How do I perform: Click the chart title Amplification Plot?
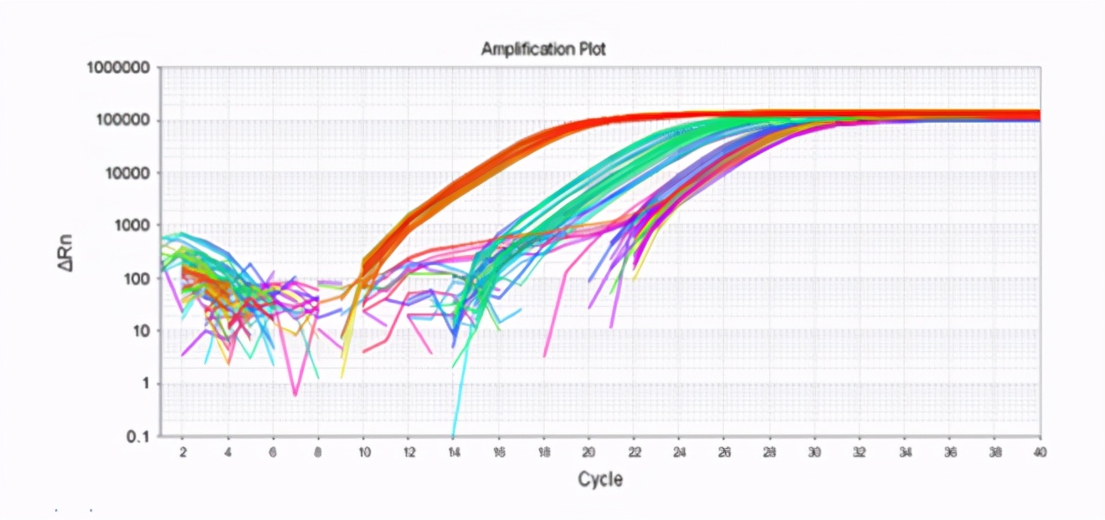coord(542,49)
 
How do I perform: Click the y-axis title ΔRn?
coord(75,252)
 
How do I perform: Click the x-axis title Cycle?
coord(599,480)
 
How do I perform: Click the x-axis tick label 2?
coord(182,451)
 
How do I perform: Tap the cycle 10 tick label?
coord(362,451)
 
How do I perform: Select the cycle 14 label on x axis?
coord(453,451)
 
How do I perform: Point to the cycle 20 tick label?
coord(588,451)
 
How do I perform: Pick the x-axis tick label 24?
coord(679,451)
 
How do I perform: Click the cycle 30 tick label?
coord(815,451)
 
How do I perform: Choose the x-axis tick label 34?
coord(905,451)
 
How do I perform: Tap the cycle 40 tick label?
coord(1040,451)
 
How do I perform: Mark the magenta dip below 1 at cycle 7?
coord(295,393)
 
